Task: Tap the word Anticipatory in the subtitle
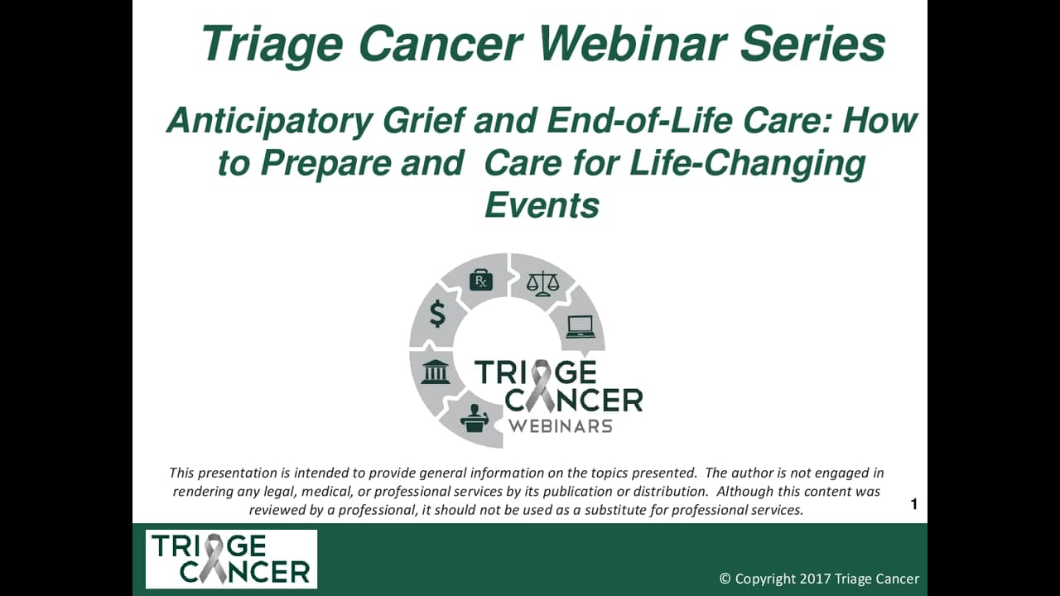(269, 122)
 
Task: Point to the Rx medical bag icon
(481, 280)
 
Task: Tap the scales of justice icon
(542, 283)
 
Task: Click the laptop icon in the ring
(581, 326)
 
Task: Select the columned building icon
(436, 372)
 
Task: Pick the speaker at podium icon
(475, 418)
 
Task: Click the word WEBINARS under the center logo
(561, 426)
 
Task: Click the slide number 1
(913, 504)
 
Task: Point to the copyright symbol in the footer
(725, 579)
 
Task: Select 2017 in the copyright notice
(815, 579)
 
